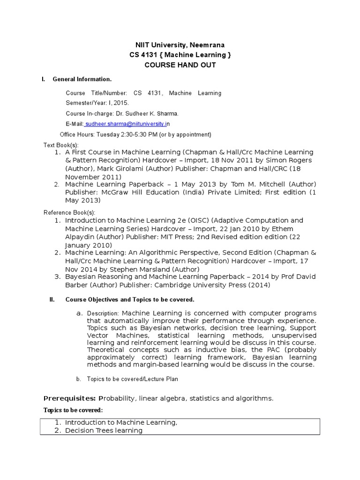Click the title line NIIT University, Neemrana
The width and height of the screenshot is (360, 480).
tap(180, 45)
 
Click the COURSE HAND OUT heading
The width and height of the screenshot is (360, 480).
tap(180, 65)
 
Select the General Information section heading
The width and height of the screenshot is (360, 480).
tap(82, 79)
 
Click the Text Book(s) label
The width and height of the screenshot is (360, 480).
tap(61, 145)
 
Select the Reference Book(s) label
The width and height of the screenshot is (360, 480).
tap(69, 212)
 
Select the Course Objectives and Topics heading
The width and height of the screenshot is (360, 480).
tap(129, 300)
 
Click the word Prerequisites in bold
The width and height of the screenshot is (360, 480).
tap(69, 398)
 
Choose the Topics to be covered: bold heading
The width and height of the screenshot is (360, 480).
tap(73, 410)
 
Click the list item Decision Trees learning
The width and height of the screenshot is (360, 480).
tap(104, 430)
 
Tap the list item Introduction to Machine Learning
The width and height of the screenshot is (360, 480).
tap(121, 422)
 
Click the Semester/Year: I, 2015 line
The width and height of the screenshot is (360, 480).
tap(97, 103)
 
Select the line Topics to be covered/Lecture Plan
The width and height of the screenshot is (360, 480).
tap(133, 379)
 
